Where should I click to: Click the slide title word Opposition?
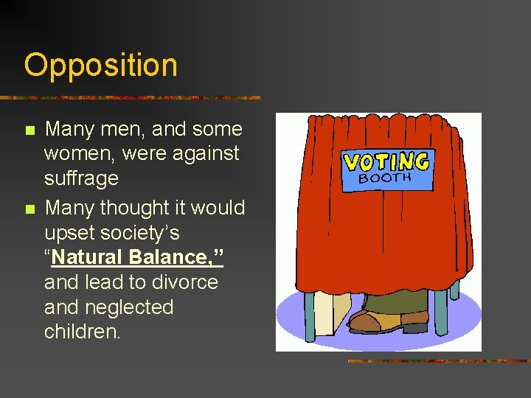[100, 66]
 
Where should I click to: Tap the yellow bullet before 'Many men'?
[29, 130]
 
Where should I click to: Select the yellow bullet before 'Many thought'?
[29, 209]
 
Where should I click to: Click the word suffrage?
[81, 178]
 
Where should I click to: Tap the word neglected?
[128, 307]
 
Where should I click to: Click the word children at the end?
[81, 332]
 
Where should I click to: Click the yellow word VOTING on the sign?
[387, 162]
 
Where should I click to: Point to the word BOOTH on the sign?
[385, 178]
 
